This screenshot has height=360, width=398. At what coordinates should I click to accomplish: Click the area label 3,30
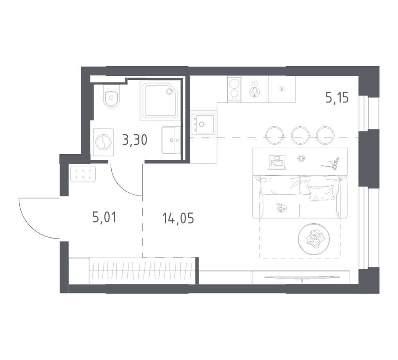(135, 139)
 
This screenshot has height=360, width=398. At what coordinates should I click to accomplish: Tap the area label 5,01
(105, 218)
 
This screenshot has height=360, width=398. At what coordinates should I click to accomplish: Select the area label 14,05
(178, 218)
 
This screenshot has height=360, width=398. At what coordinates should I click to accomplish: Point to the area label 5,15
(337, 97)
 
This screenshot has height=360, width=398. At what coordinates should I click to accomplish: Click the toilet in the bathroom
(111, 97)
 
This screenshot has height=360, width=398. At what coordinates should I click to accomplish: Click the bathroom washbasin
(171, 140)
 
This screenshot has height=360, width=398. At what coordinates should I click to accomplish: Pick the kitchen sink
(203, 124)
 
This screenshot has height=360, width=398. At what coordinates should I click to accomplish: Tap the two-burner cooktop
(234, 89)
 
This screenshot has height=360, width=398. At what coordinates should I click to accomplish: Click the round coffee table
(314, 239)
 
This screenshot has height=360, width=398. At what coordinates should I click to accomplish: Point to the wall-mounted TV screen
(301, 277)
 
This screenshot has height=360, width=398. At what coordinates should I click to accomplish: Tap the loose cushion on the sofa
(321, 193)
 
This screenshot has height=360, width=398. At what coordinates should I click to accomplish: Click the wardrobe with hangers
(142, 271)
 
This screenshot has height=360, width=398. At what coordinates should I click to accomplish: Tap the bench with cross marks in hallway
(83, 173)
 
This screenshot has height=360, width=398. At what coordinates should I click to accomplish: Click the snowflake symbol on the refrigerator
(281, 89)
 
